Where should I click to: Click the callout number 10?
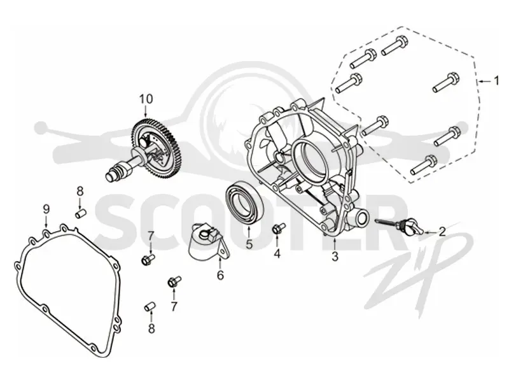click(x=146, y=99)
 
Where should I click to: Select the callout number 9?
click(x=46, y=209)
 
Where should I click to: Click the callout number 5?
click(x=249, y=244)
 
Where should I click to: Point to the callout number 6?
click(x=220, y=275)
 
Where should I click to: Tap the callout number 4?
click(x=277, y=253)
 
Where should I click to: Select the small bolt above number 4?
click(x=278, y=228)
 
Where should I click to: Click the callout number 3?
click(x=335, y=257)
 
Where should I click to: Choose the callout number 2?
click(x=442, y=232)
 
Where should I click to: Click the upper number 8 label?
click(x=80, y=192)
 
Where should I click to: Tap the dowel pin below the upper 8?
click(x=80, y=214)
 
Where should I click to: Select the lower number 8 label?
click(x=151, y=329)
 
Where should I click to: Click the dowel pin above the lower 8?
click(x=150, y=306)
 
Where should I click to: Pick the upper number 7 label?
click(x=151, y=237)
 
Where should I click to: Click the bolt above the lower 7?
click(x=174, y=281)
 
